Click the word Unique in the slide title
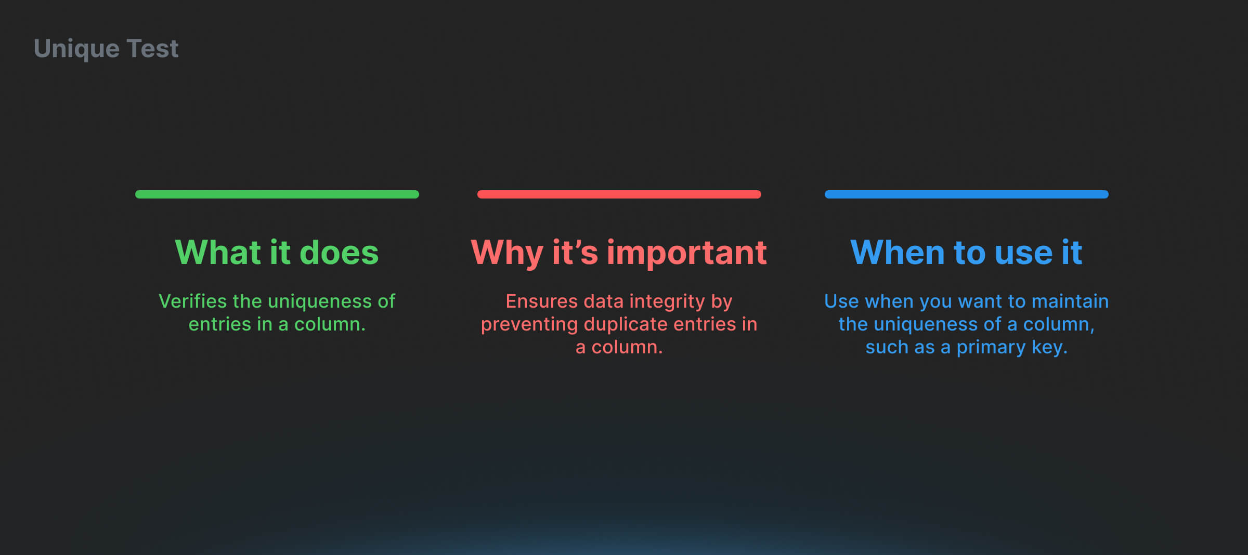pos(76,49)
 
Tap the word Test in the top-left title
pos(152,48)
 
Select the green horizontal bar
pos(277,194)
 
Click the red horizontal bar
pos(619,194)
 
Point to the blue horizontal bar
pos(967,194)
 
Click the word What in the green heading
pos(218,253)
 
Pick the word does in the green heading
pos(339,253)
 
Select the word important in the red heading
pos(687,254)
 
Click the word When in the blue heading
pos(897,253)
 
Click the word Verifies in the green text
pos(193,301)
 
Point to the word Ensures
pos(542,301)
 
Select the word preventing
pos(529,325)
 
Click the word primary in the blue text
pos(991,348)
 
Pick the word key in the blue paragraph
pos(1049,348)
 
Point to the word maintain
pos(1070,301)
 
